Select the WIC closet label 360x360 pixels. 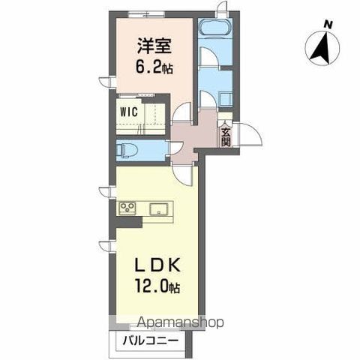(x=126, y=115)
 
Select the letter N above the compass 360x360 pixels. (x=328, y=24)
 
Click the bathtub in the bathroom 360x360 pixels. (x=216, y=31)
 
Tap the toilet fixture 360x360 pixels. (x=124, y=149)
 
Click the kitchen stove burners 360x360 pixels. (x=127, y=208)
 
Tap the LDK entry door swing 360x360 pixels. (x=184, y=174)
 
